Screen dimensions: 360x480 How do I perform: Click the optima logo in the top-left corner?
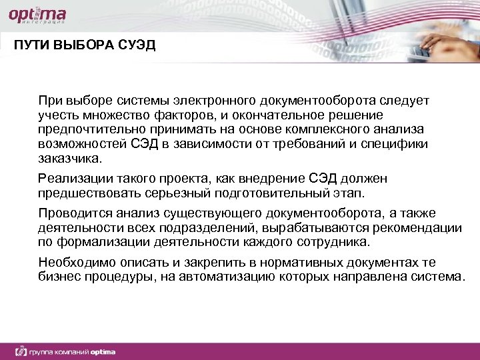point(39,16)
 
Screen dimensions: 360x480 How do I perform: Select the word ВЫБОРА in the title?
point(81,45)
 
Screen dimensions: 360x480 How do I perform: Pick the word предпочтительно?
point(81,129)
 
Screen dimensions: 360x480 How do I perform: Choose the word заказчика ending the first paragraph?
point(71,159)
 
